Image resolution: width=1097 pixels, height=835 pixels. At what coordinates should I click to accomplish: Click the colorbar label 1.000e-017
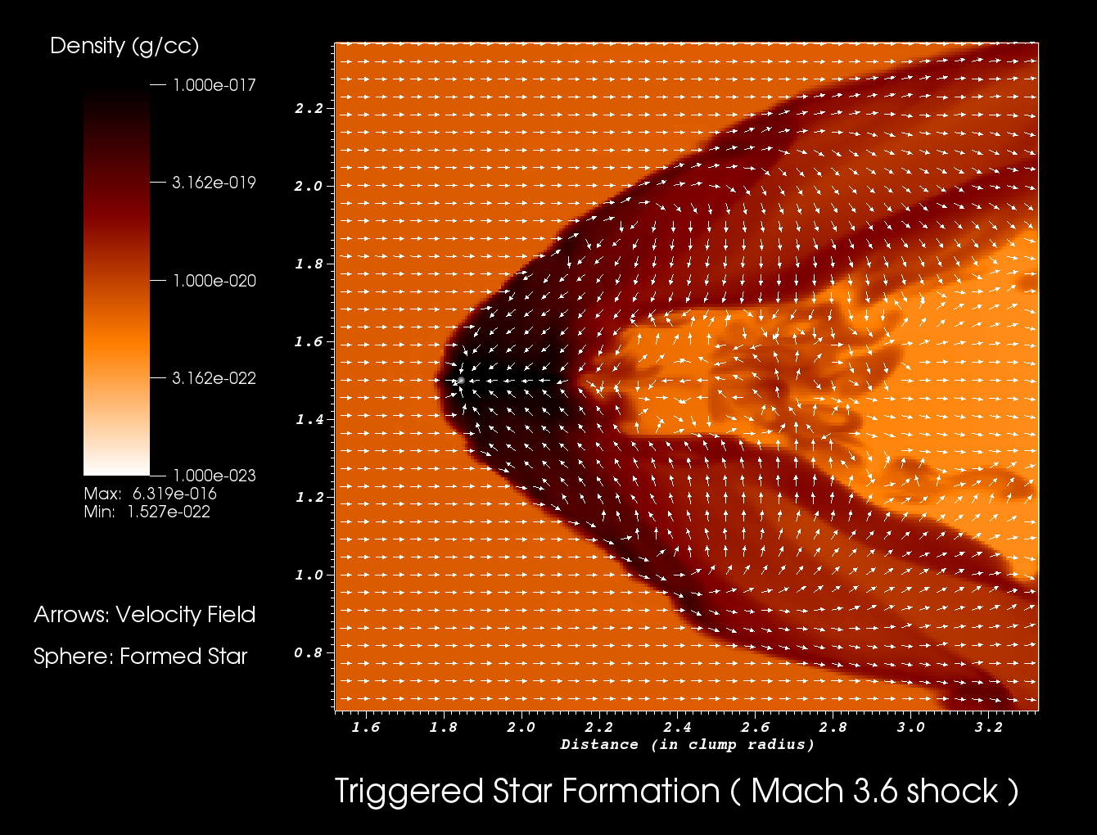tap(214, 85)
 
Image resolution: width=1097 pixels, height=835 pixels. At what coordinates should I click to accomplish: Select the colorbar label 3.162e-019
tap(214, 183)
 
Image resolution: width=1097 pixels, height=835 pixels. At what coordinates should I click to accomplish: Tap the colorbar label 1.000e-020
tap(214, 280)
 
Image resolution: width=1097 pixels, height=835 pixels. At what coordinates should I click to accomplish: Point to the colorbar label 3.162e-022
tap(214, 377)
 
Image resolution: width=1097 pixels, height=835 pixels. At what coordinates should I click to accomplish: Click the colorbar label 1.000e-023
tap(214, 476)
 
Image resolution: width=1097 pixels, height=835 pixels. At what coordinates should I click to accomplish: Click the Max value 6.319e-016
tap(174, 494)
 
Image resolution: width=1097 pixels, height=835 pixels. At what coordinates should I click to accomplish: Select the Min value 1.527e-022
tap(169, 512)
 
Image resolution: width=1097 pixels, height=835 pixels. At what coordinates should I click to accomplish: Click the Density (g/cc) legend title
tap(124, 47)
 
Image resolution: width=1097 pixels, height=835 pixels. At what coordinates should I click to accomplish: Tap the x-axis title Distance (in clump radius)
tap(687, 745)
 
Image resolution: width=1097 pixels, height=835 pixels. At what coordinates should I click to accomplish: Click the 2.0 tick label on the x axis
tap(521, 727)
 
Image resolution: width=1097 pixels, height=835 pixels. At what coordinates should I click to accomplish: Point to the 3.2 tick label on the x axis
tap(989, 727)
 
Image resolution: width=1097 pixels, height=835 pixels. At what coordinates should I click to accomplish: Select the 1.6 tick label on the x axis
tap(366, 727)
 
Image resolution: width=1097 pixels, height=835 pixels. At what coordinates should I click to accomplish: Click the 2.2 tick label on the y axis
tap(309, 108)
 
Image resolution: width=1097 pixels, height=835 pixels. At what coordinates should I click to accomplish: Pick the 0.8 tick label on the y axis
tap(309, 652)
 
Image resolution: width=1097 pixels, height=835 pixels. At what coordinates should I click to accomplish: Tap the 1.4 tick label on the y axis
tap(309, 419)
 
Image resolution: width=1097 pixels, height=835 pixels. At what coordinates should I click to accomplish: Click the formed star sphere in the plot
tap(461, 381)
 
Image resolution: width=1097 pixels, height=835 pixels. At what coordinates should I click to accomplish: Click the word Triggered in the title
tap(409, 792)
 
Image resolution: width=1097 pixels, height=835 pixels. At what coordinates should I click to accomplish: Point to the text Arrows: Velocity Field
tap(144, 615)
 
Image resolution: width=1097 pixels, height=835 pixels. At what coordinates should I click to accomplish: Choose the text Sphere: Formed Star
tap(141, 657)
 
